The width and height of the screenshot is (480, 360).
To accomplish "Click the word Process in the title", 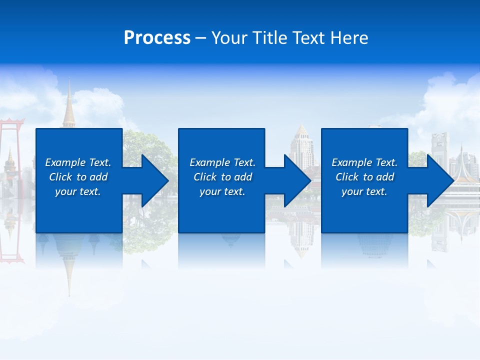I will point(157,38).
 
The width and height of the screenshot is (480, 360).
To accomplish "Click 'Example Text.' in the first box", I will point(78,162).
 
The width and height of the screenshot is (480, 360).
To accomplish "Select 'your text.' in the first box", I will point(78,191).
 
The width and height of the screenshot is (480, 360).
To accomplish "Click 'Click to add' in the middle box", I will point(222,177).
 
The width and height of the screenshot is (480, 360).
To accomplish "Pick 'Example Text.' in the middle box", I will point(222,162).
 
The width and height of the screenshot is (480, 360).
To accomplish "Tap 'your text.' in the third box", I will point(364,191).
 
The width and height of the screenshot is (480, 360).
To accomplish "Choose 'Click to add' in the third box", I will point(364,177).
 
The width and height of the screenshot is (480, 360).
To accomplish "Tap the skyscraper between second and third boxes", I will point(301,145).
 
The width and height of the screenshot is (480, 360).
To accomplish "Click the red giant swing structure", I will point(11,145).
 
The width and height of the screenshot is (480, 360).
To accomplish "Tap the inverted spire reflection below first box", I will point(68,270).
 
